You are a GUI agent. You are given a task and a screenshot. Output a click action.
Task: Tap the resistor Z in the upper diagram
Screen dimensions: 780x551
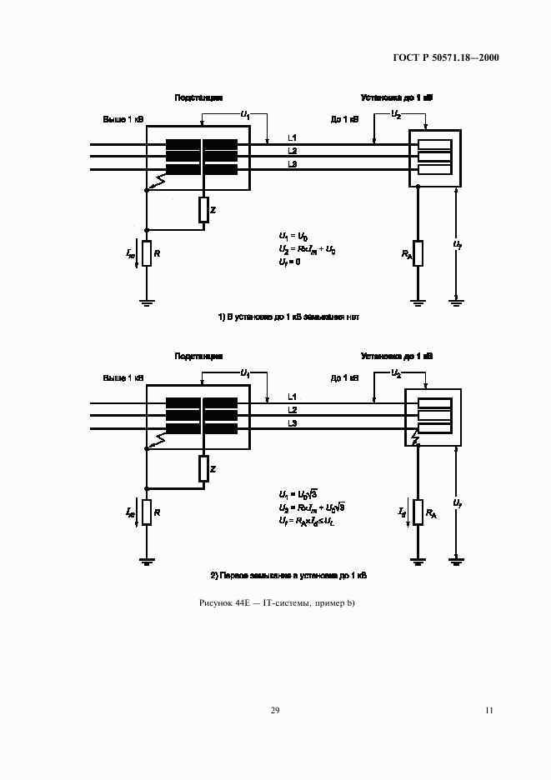(x=203, y=211)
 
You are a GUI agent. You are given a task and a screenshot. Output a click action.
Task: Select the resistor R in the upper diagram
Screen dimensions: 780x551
(x=146, y=253)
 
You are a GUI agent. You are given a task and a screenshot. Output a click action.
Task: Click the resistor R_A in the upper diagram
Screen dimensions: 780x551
(x=418, y=253)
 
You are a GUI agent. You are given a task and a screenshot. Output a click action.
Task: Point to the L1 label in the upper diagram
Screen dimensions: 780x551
(x=293, y=137)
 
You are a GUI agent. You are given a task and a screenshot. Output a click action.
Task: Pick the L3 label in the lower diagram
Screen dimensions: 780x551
(x=293, y=424)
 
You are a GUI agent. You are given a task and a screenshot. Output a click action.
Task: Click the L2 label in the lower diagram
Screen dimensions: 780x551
(x=293, y=410)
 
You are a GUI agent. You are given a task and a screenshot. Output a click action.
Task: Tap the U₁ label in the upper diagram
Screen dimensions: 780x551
(x=245, y=113)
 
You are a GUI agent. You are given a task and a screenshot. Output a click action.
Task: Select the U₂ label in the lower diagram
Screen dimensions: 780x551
(x=397, y=373)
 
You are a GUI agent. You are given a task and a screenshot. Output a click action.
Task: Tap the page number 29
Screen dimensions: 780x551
(x=275, y=711)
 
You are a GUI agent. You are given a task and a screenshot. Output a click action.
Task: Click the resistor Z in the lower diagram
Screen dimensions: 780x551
(x=203, y=469)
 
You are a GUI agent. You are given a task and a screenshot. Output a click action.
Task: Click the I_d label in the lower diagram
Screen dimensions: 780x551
(x=402, y=511)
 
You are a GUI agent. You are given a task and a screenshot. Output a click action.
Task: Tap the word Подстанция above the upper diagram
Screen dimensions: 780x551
(x=198, y=98)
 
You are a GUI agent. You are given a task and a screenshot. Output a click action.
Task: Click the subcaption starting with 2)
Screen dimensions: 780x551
(x=288, y=576)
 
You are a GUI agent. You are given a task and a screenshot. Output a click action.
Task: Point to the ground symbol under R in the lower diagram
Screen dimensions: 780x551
(x=146, y=562)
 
